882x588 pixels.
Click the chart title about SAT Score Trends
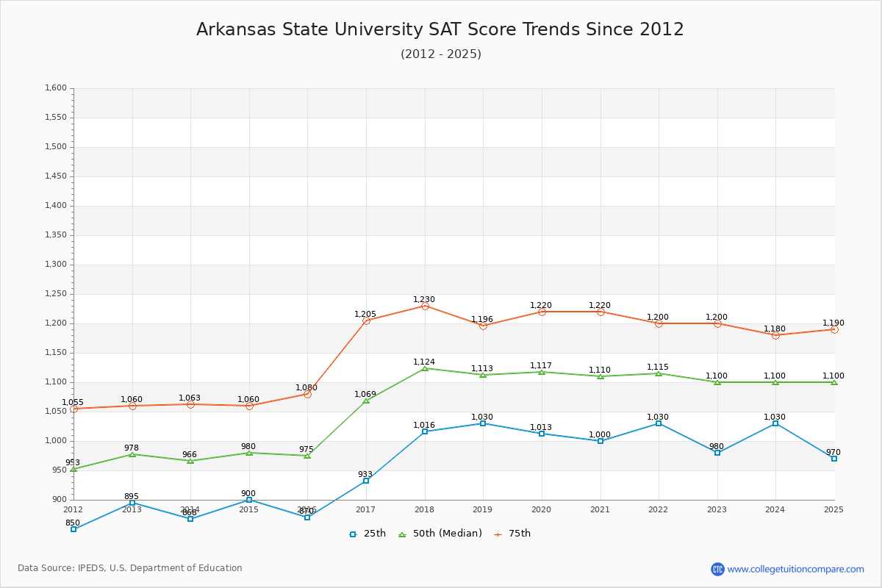click(x=440, y=29)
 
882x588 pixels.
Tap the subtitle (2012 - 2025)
click(x=441, y=54)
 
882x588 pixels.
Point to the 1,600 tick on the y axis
click(x=56, y=88)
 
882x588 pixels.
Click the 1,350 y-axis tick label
click(x=56, y=235)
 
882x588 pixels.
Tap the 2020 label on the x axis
click(x=541, y=509)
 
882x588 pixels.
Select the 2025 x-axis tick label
click(x=833, y=509)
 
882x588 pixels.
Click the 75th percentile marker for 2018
click(x=425, y=306)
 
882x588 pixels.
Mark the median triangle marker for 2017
click(x=366, y=401)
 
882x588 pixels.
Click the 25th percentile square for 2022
click(x=659, y=423)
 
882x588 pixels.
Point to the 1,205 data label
click(x=365, y=315)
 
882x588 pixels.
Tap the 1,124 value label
click(x=424, y=362)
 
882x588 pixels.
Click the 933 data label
click(x=365, y=475)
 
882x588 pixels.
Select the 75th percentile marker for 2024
click(x=775, y=335)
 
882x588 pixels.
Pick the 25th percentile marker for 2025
click(x=834, y=459)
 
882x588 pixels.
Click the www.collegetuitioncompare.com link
click(x=795, y=569)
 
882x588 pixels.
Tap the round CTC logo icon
click(x=717, y=569)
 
